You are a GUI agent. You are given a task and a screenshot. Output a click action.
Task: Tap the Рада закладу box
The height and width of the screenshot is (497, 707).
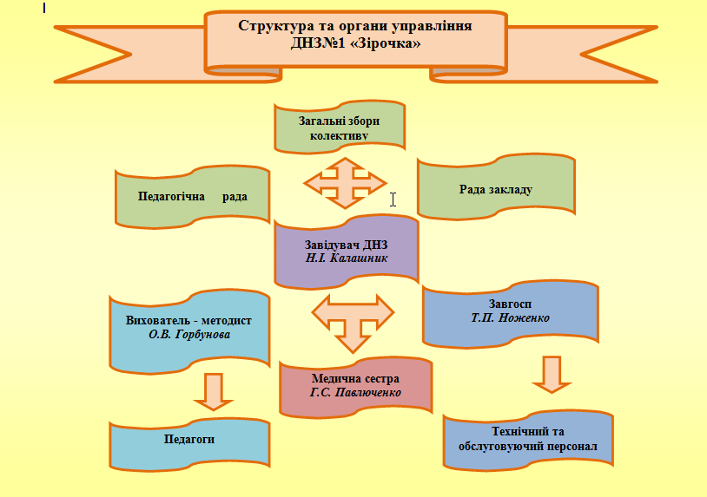[x=496, y=188]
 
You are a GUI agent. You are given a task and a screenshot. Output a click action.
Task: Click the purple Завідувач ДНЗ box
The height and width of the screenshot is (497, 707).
[x=346, y=252]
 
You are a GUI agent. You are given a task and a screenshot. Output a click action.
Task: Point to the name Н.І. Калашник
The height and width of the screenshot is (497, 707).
[x=346, y=258]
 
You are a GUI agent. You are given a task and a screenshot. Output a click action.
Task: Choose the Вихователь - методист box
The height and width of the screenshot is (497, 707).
[x=188, y=327]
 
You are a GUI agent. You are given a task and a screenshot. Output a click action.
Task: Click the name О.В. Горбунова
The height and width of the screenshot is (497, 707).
[x=188, y=334]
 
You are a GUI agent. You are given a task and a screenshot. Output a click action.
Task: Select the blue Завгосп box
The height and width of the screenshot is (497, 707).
[x=510, y=311]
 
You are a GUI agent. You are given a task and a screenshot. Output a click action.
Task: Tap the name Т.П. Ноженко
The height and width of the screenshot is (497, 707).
[x=510, y=318]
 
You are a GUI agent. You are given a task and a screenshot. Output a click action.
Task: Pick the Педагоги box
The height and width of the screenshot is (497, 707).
[x=188, y=440]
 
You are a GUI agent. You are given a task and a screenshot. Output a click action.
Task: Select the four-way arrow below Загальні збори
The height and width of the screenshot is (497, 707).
[x=345, y=183]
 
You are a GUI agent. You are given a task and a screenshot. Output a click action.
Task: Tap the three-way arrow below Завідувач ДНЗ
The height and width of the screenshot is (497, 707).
[x=352, y=319]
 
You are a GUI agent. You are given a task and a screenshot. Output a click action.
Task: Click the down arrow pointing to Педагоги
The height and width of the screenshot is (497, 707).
[x=213, y=391]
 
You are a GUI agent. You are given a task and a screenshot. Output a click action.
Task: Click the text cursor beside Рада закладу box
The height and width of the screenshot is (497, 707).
[x=393, y=199]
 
